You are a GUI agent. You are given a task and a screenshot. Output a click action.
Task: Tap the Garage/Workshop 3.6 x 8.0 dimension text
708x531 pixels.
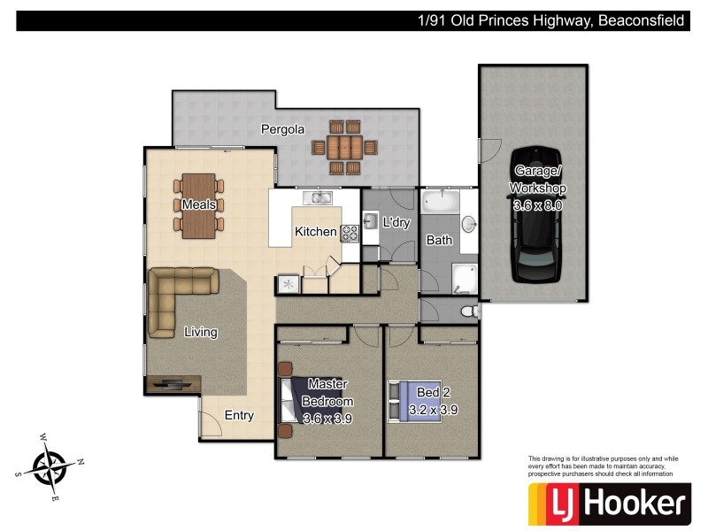(538, 204)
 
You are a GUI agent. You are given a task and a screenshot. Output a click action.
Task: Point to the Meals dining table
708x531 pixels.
(200, 204)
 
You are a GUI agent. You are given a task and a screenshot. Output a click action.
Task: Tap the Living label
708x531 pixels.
(201, 332)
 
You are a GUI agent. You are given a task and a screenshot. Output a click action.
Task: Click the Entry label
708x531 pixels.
(239, 415)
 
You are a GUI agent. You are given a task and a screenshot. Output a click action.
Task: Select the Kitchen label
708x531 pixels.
(315, 232)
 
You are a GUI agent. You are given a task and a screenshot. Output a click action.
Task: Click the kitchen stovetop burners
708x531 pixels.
(350, 233)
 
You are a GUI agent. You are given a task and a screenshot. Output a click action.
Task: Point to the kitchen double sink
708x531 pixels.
(316, 198)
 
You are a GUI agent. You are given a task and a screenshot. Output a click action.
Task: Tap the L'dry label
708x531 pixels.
(396, 223)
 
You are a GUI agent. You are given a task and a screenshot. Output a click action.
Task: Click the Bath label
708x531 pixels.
(439, 240)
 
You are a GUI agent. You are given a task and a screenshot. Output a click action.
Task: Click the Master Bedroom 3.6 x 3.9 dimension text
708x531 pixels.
(327, 419)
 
